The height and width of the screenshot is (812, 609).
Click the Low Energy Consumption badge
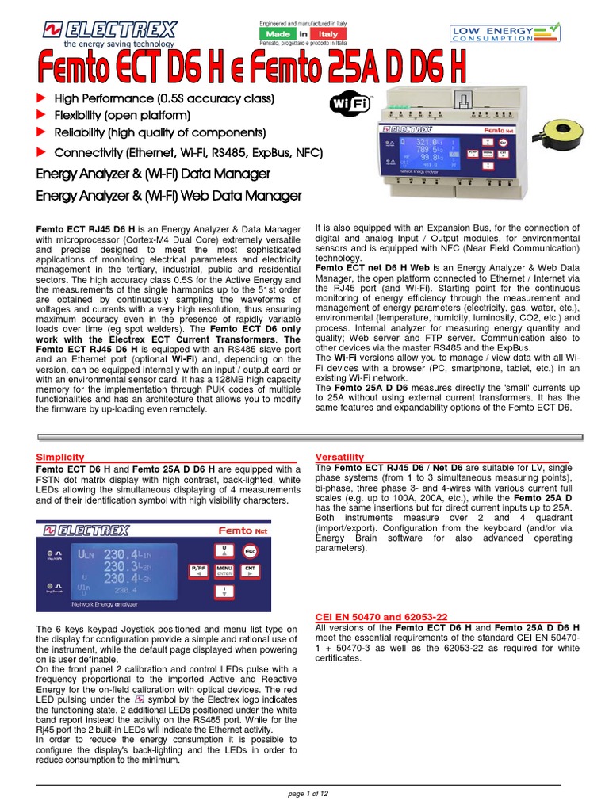[x=505, y=33]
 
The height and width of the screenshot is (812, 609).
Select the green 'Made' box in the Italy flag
[x=275, y=35]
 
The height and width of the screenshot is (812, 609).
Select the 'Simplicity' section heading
[x=60, y=458]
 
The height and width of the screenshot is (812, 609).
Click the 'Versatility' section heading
[x=339, y=458]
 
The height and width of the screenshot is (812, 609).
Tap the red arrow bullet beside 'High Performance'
[x=43, y=98]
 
